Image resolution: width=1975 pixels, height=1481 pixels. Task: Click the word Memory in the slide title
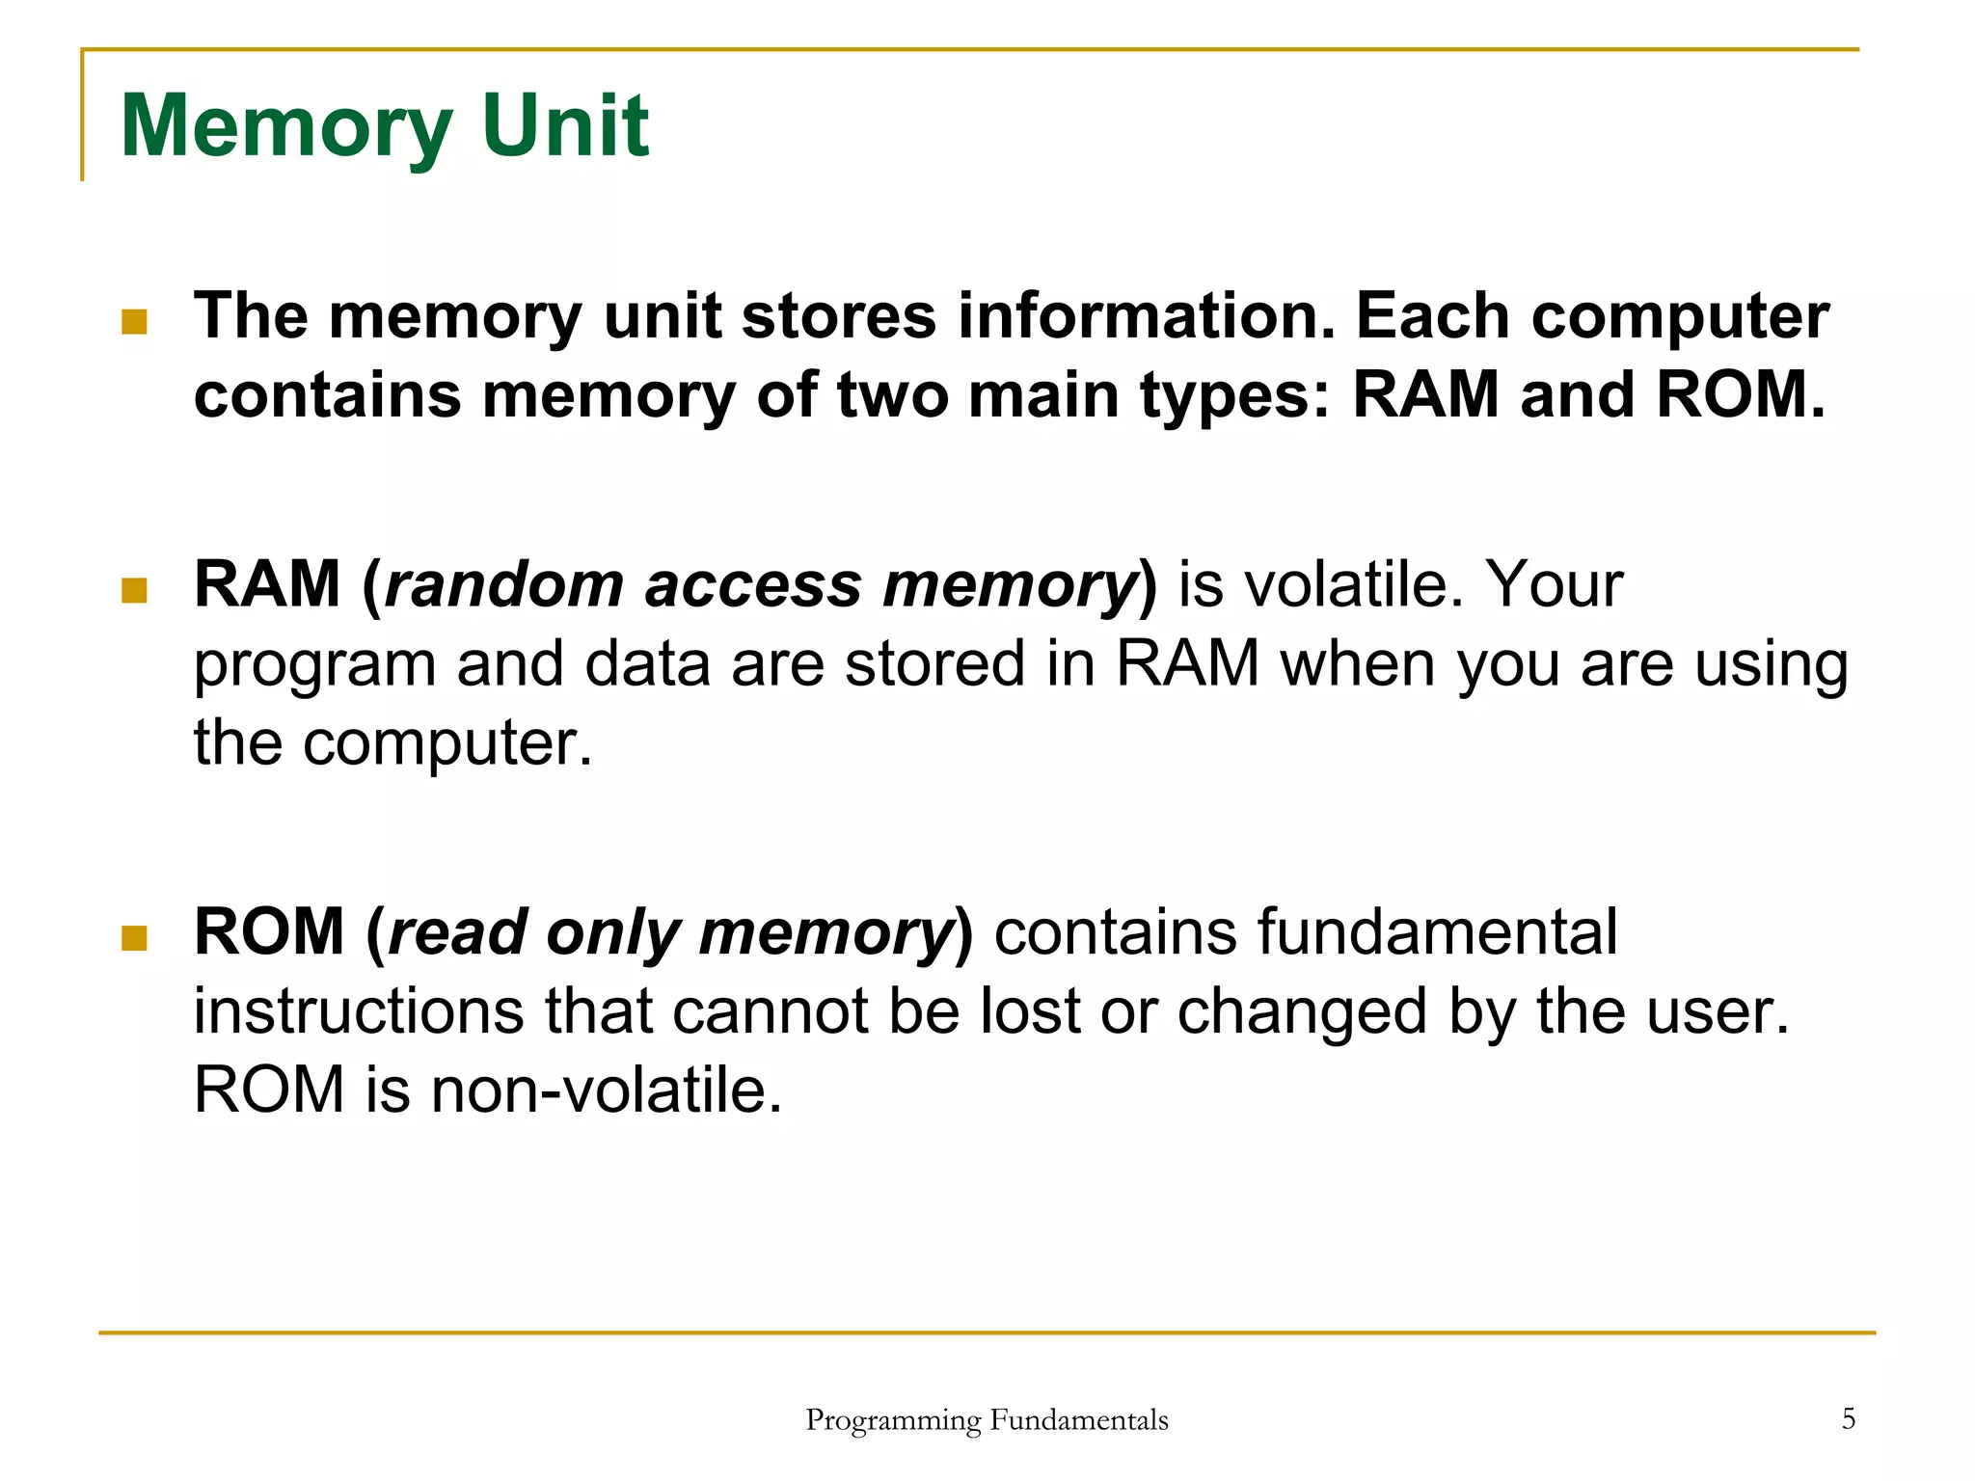[286, 127]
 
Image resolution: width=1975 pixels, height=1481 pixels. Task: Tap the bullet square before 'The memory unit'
[134, 321]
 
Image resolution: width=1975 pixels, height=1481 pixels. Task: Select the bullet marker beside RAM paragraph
[134, 589]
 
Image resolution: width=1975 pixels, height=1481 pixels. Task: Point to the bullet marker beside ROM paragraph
[134, 937]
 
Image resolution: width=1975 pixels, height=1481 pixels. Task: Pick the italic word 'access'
[752, 585]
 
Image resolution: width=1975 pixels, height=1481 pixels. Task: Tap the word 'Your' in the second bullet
[1553, 585]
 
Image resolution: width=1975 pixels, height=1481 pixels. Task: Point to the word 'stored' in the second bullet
[933, 664]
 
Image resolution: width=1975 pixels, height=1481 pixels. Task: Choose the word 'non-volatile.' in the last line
[606, 1091]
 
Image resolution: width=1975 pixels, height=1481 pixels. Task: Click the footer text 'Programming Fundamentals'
[987, 1420]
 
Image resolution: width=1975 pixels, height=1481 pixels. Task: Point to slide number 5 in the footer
[1848, 1418]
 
